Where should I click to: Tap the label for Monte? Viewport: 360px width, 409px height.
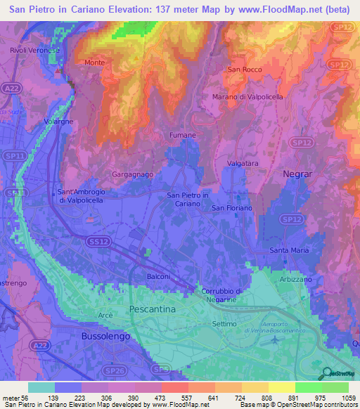point(94,63)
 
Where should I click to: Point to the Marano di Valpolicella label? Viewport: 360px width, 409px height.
point(247,97)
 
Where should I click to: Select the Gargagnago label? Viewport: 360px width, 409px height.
point(132,173)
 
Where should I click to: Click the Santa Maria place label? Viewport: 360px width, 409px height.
point(288,250)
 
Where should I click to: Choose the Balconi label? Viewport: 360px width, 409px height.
point(158,277)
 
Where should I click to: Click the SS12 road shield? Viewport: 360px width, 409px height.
point(98,241)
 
